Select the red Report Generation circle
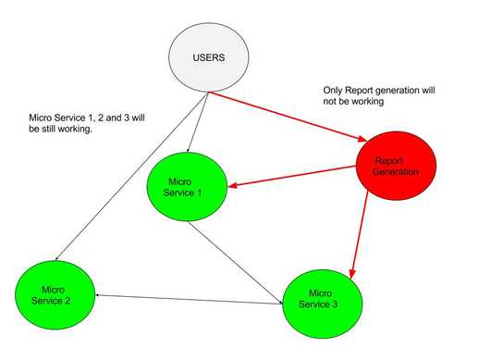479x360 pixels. (397, 167)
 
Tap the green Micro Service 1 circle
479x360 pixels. (187, 186)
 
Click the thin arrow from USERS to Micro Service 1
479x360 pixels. (197, 120)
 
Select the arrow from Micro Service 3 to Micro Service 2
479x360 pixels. (185, 297)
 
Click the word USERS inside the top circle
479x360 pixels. (208, 56)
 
